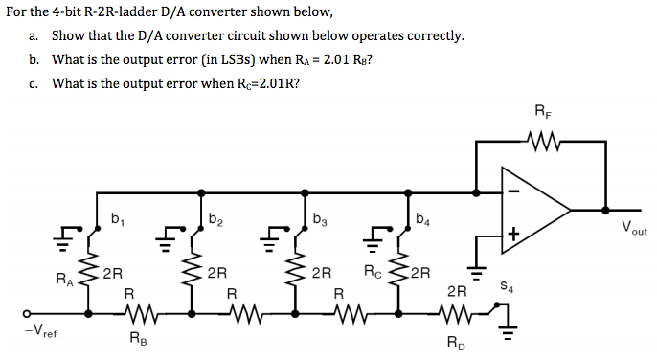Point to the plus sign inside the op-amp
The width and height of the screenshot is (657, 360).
click(x=513, y=233)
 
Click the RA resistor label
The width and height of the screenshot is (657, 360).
click(x=62, y=281)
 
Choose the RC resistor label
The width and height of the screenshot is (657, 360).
click(x=374, y=271)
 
